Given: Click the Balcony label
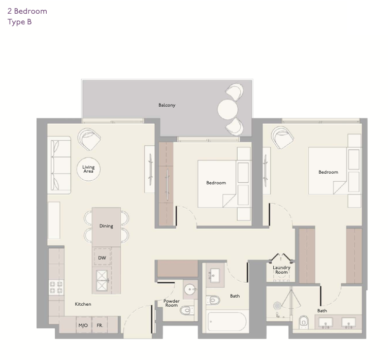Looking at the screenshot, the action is [167, 105].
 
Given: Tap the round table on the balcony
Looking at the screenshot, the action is [228, 109].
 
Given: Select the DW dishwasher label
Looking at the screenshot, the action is [102, 258].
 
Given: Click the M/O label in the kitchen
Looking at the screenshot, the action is [83, 325].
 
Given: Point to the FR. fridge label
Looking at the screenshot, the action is [100, 325].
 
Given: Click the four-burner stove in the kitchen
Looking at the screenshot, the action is [56, 287].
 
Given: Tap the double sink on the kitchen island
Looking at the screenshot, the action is [102, 280].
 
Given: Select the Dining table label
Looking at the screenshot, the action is [106, 226].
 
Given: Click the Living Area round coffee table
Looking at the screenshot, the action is [88, 169].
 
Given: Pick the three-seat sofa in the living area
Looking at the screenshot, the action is [59, 165].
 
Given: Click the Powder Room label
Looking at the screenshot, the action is [172, 303].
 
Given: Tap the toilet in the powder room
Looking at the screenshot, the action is [187, 310].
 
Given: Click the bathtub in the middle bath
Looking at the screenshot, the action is [227, 321].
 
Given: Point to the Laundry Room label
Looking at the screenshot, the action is [281, 270].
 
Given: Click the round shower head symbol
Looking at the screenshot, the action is [277, 306].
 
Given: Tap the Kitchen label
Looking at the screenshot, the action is [83, 304].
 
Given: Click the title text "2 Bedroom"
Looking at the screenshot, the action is [27, 11].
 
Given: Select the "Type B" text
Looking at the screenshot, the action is [19, 22].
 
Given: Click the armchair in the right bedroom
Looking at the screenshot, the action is [282, 138].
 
